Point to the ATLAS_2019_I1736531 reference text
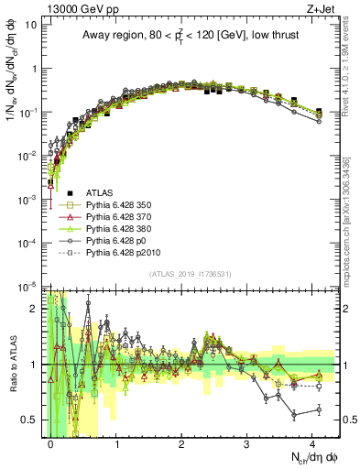(x=190, y=274)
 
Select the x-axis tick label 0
(x=51, y=442)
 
